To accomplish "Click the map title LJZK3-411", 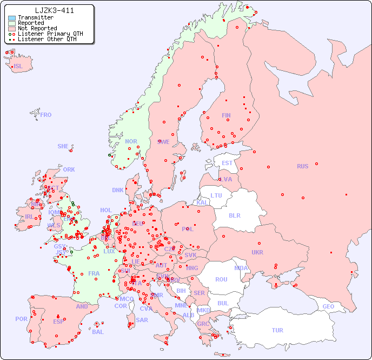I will (54, 10).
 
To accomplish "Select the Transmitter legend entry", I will (35, 17).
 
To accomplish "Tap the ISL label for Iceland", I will (18, 67).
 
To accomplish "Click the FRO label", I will (46, 115).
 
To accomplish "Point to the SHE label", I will (63, 146).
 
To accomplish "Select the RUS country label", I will (302, 166).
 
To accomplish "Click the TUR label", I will (277, 330).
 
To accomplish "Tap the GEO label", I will (328, 306).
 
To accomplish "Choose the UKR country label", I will (257, 252).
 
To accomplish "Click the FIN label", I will (226, 115).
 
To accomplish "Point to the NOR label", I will (131, 141).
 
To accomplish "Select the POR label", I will (21, 319).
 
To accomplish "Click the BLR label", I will (235, 215).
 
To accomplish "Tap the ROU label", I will (221, 279).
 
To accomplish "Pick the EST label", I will (227, 163).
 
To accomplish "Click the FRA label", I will (94, 273).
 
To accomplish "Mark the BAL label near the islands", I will (97, 332).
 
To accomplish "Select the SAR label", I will (142, 320).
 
